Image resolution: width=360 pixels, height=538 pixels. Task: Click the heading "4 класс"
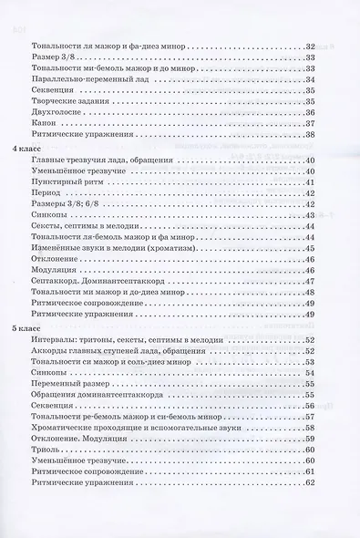[25, 148]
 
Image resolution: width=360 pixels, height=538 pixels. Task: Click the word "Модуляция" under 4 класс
[66, 272]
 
